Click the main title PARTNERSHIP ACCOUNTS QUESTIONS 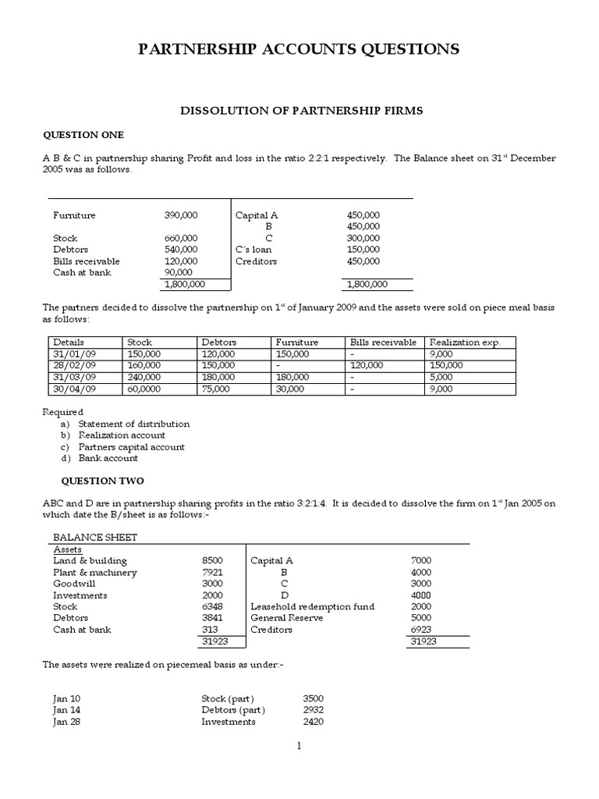[299, 50]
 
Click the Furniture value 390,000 [181, 215]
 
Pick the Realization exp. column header [466, 342]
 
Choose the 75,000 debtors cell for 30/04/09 [215, 389]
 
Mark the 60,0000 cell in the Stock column [145, 389]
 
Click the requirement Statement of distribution [133, 424]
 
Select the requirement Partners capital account [131, 447]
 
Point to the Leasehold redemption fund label [312, 606]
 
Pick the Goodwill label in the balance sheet [72, 584]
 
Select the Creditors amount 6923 [420, 629]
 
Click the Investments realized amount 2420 [313, 722]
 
